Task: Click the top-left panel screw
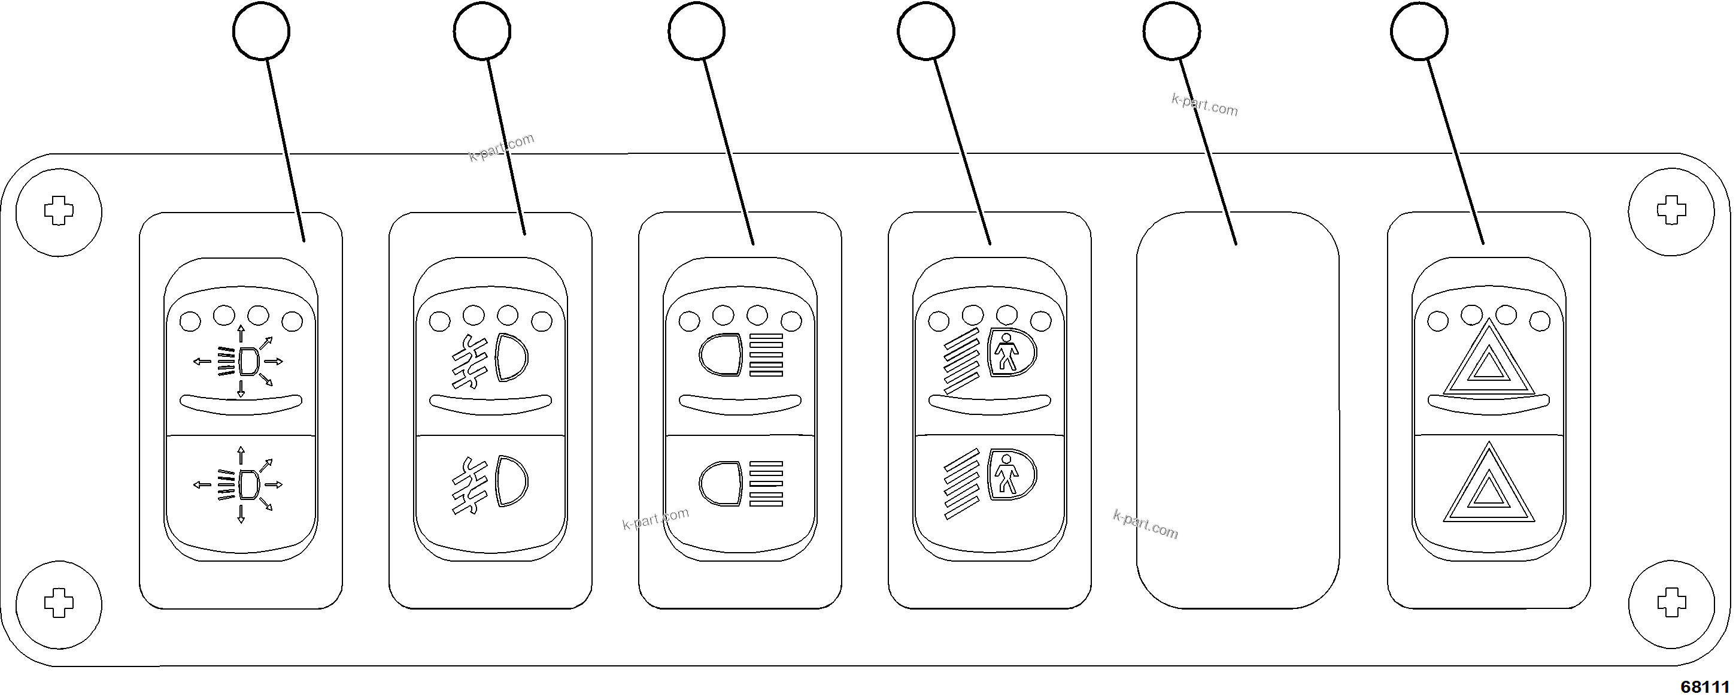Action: tap(59, 211)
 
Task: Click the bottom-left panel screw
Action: tap(59, 604)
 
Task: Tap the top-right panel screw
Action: tap(1671, 211)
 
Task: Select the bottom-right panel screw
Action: tap(1671, 604)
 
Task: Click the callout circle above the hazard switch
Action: tap(1419, 31)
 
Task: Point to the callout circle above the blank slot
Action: tap(1172, 31)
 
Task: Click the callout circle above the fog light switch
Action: tap(482, 31)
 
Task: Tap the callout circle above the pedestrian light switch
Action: tap(926, 31)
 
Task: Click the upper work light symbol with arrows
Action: tap(241, 362)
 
